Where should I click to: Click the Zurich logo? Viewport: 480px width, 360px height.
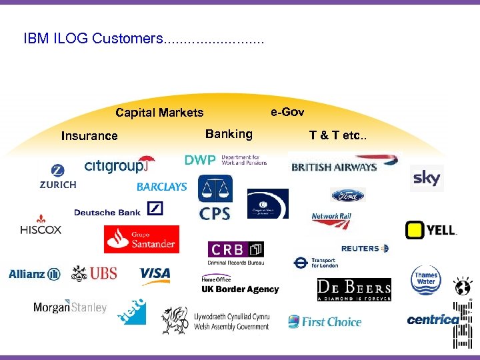tap(58, 177)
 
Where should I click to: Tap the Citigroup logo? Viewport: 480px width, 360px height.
tap(119, 165)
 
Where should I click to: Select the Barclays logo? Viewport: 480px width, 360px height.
tap(162, 187)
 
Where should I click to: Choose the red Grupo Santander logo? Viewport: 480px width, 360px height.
tap(141, 239)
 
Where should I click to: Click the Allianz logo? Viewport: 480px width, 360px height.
tap(35, 274)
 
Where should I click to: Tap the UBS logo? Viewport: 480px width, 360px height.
tap(95, 273)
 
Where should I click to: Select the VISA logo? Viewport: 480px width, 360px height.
tap(155, 274)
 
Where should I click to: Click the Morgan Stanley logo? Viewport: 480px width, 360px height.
tap(70, 307)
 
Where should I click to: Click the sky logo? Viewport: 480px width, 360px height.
tap(427, 178)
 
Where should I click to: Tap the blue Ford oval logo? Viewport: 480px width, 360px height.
tap(348, 195)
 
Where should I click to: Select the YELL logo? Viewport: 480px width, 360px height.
tap(431, 231)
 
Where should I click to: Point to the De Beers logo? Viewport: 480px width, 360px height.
tap(354, 289)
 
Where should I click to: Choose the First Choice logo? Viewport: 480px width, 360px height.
tap(325, 322)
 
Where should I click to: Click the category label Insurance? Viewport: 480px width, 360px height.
tap(89, 136)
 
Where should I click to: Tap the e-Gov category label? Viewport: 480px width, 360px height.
tap(287, 112)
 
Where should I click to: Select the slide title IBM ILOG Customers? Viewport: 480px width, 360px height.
tap(92, 39)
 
